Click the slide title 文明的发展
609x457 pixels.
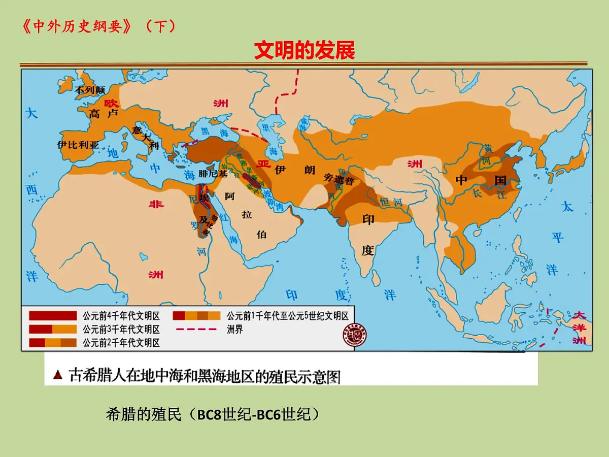click(x=304, y=50)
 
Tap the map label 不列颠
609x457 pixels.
click(x=90, y=90)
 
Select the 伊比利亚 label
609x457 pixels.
click(x=78, y=144)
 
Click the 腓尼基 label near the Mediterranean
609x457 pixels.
click(x=213, y=173)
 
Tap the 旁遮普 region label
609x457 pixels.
click(x=338, y=179)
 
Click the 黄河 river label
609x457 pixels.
click(x=488, y=154)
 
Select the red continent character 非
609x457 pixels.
click(x=155, y=204)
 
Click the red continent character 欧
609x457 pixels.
click(x=111, y=102)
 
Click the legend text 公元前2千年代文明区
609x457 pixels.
click(x=121, y=343)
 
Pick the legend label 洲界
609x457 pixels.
click(x=235, y=330)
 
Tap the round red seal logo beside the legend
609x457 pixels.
click(x=355, y=335)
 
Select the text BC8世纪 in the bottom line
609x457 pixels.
click(x=221, y=415)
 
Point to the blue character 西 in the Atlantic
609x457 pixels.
click(x=32, y=190)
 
